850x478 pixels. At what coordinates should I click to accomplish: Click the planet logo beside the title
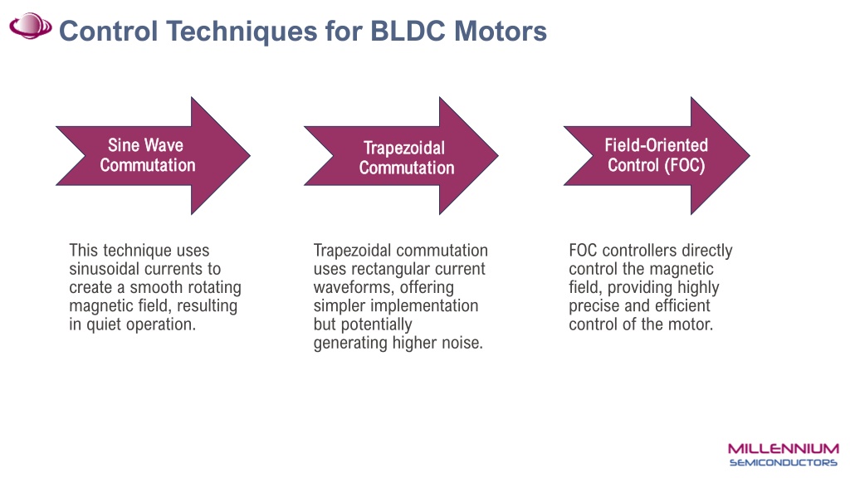pyautogui.click(x=31, y=26)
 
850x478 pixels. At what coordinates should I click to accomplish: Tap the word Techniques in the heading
pyautogui.click(x=242, y=32)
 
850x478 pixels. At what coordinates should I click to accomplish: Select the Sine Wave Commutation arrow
pyautogui.click(x=153, y=155)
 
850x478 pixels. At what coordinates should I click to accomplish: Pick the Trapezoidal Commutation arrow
pyautogui.click(x=401, y=155)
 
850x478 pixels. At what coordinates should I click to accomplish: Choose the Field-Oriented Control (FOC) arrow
pyautogui.click(x=657, y=155)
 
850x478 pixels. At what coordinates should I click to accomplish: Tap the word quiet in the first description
pyautogui.click(x=100, y=324)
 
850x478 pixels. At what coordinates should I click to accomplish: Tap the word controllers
pyautogui.click(x=640, y=251)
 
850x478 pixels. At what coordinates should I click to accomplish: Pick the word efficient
pyautogui.click(x=682, y=305)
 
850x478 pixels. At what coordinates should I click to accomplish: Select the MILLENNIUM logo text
pyautogui.click(x=784, y=449)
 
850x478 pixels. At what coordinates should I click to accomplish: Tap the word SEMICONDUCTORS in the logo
pyautogui.click(x=784, y=462)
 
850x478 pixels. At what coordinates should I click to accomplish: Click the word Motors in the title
pyautogui.click(x=501, y=31)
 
